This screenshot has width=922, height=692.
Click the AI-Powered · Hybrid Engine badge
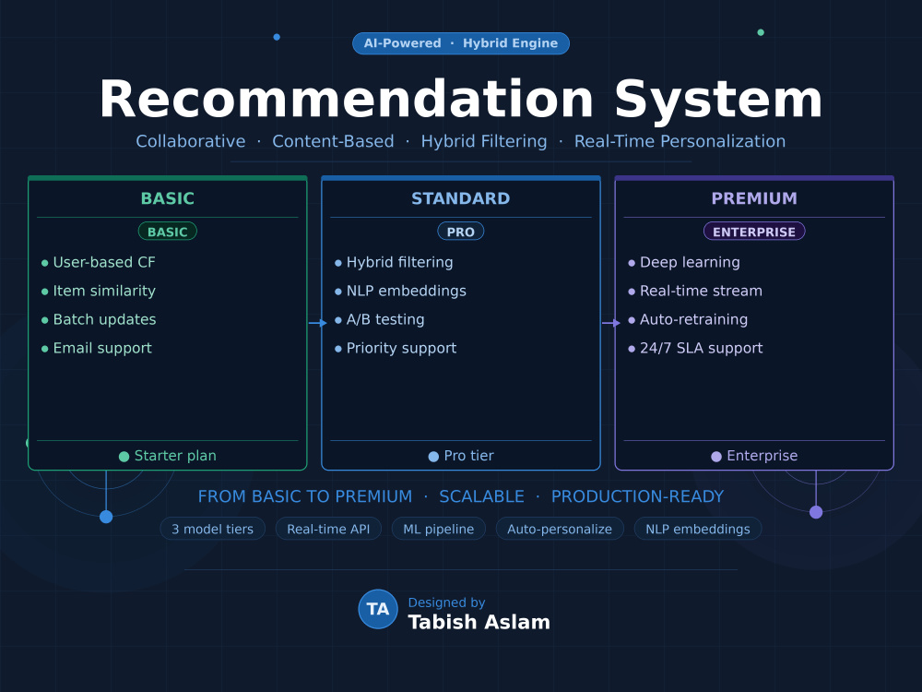click(x=460, y=43)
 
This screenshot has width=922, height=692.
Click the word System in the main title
click(x=718, y=100)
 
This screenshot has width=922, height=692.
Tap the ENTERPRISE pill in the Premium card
click(x=754, y=232)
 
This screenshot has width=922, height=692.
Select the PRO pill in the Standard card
click(x=460, y=232)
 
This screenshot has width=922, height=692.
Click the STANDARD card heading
click(x=460, y=198)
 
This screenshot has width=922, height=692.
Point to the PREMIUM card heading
click(x=754, y=198)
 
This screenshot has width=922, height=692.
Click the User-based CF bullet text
click(x=104, y=262)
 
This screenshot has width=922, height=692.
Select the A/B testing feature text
click(x=385, y=319)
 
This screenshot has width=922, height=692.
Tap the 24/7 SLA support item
click(x=701, y=349)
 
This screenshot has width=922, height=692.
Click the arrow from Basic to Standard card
click(x=317, y=323)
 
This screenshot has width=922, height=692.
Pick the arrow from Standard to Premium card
click(x=611, y=323)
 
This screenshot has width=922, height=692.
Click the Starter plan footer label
click(x=175, y=456)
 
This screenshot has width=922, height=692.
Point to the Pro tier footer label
click(x=468, y=456)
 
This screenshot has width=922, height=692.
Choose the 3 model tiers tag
click(x=212, y=529)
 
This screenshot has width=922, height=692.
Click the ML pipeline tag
click(x=438, y=529)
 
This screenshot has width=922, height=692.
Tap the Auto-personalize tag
click(x=560, y=529)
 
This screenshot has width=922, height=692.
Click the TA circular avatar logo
click(x=378, y=609)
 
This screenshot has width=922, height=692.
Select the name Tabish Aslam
click(x=479, y=622)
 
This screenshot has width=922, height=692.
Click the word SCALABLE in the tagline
click(x=481, y=496)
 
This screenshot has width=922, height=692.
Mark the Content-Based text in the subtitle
click(x=333, y=141)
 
